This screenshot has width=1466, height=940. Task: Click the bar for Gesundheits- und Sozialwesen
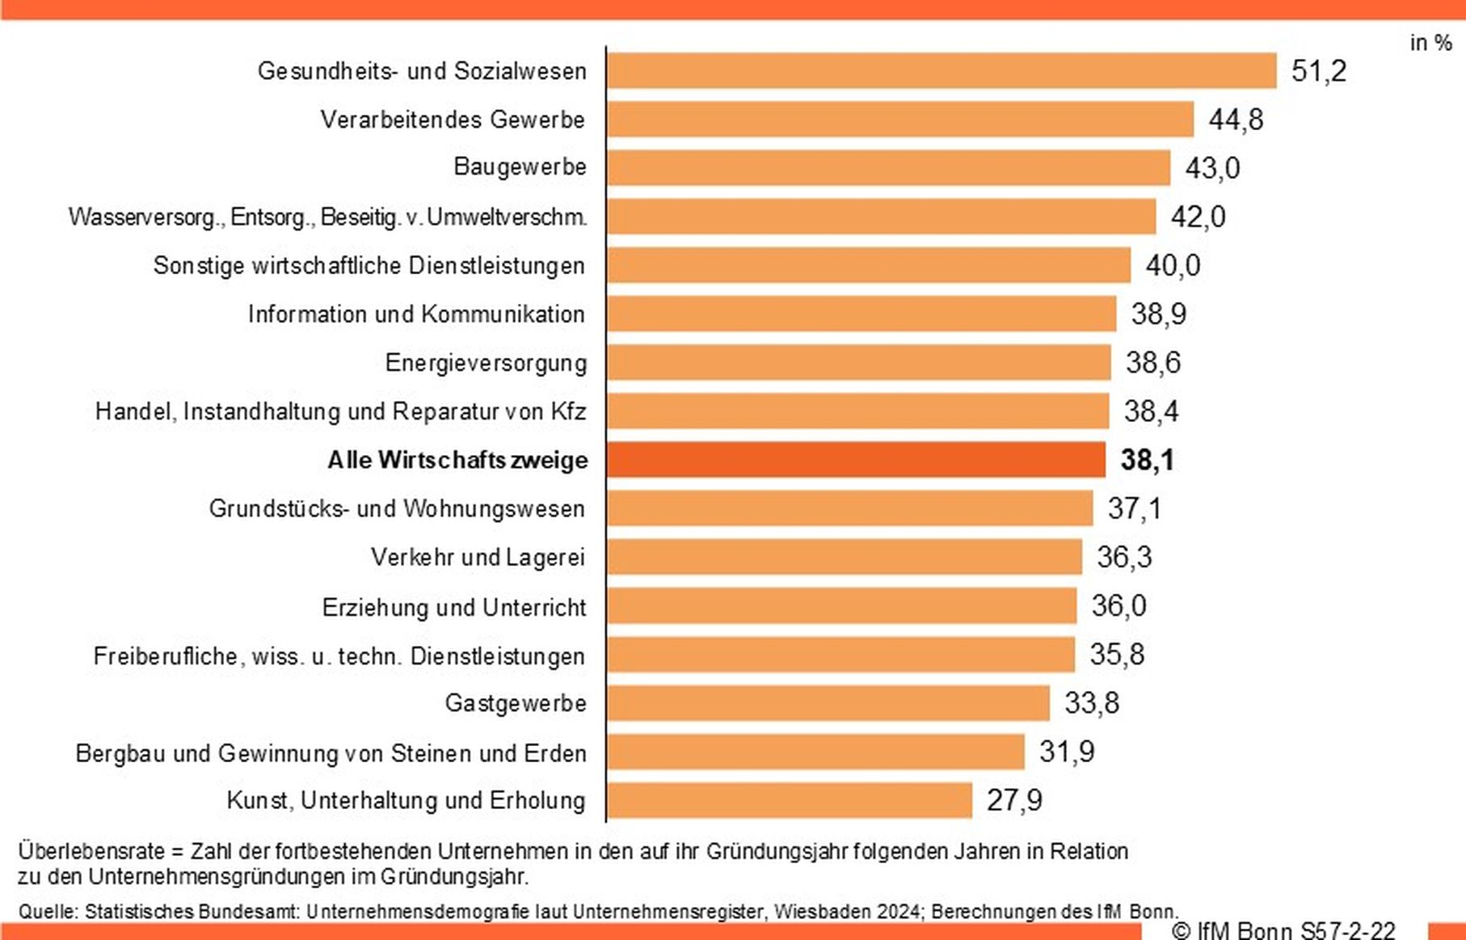tap(942, 71)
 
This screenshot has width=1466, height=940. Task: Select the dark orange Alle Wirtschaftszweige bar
tap(856, 460)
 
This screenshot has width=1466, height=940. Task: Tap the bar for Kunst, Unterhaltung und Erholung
tap(790, 800)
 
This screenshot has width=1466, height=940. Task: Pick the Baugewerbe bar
tap(888, 168)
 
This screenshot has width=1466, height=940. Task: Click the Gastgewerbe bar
tap(828, 703)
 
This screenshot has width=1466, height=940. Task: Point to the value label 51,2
tap(1319, 71)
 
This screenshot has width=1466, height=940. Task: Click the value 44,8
tap(1236, 120)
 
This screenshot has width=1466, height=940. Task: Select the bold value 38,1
tap(1147, 460)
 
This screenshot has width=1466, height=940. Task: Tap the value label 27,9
tap(1014, 800)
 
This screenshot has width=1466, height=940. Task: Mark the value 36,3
tap(1124, 557)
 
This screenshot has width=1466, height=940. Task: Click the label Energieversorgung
tap(486, 363)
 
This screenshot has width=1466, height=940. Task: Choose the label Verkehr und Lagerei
tap(478, 557)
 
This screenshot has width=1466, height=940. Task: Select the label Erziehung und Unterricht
tap(453, 607)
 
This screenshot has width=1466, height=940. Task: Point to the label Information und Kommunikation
tap(416, 314)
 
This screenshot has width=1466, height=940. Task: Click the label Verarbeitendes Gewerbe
tap(453, 120)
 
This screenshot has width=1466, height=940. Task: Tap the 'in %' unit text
tap(1430, 43)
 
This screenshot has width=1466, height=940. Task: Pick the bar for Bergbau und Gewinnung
tap(815, 752)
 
